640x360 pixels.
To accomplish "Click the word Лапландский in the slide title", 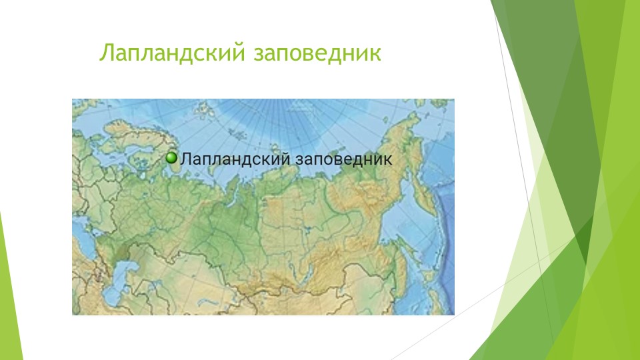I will pos(171,53).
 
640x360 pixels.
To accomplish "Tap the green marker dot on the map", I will pos(171,158).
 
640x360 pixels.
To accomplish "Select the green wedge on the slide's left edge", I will pos(5,293).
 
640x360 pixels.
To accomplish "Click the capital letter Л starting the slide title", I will pos(105,54).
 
